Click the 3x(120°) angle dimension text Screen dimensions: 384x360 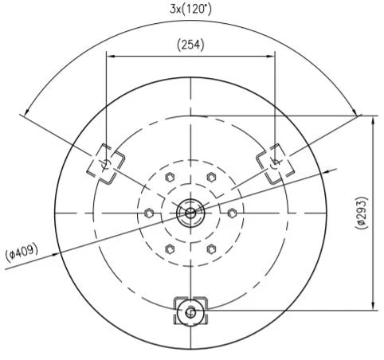(x=190, y=10)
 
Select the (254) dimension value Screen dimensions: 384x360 (x=190, y=45)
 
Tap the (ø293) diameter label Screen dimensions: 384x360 (x=362, y=213)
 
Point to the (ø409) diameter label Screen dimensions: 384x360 (x=22, y=252)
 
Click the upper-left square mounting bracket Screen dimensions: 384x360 (x=106, y=163)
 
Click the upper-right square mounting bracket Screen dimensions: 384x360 (x=276, y=163)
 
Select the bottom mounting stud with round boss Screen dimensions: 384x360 (x=190, y=311)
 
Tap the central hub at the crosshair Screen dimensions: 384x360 (x=190, y=213)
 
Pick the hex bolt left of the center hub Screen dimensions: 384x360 (x=149, y=213)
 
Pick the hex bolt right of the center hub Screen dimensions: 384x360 (x=232, y=213)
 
